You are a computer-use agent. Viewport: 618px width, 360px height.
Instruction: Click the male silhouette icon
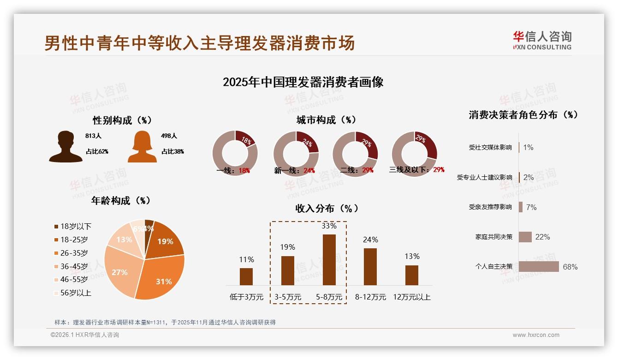coord(66,146)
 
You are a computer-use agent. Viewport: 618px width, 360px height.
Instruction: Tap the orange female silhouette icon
coord(142,146)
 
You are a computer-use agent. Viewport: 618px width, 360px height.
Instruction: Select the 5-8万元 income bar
coord(329,259)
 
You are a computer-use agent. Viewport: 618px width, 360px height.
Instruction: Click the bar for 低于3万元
coord(246,276)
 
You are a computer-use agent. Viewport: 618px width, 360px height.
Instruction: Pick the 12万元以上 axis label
coord(411,297)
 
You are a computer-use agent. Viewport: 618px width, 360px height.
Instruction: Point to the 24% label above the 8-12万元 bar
coord(370,240)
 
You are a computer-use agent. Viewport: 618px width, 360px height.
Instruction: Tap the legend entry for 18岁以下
coord(73,227)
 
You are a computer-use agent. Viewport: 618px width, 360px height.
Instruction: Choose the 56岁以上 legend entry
coord(73,293)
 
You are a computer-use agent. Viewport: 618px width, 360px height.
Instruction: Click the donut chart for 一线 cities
coord(235,153)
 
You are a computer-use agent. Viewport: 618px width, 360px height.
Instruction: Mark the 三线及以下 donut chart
coord(414,153)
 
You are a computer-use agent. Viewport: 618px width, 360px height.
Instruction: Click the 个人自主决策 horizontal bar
coord(539,267)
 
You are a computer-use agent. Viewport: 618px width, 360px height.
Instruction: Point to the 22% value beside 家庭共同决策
coord(542,237)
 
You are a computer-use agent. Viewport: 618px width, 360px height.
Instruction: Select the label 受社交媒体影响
coord(490,148)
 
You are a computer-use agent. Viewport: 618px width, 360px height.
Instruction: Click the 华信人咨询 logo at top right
coord(542,40)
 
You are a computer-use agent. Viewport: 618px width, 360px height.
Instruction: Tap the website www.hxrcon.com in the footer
coord(536,335)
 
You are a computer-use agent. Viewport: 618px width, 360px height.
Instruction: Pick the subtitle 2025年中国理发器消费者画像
coord(303,82)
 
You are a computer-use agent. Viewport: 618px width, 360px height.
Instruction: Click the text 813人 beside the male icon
coord(93,136)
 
